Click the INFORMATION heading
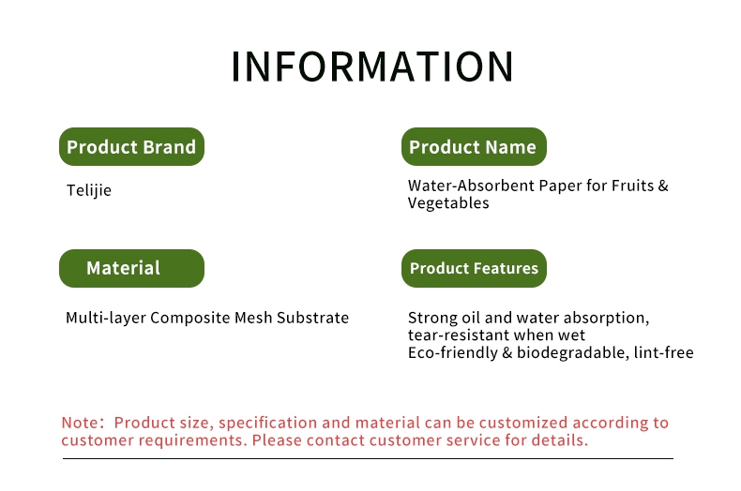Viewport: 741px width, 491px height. click(x=372, y=67)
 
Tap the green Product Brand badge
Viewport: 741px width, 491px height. click(x=132, y=146)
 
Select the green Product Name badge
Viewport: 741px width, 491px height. click(x=474, y=146)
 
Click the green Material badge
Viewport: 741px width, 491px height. click(x=132, y=268)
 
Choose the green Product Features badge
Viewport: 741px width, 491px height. click(x=474, y=268)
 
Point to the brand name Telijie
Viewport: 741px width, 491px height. click(x=89, y=190)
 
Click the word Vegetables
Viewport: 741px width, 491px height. click(x=448, y=203)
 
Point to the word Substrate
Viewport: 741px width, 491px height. click(x=313, y=318)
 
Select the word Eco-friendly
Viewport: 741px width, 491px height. click(x=453, y=352)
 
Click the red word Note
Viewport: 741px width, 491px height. click(x=80, y=423)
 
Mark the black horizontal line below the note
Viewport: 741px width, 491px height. click(x=368, y=458)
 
